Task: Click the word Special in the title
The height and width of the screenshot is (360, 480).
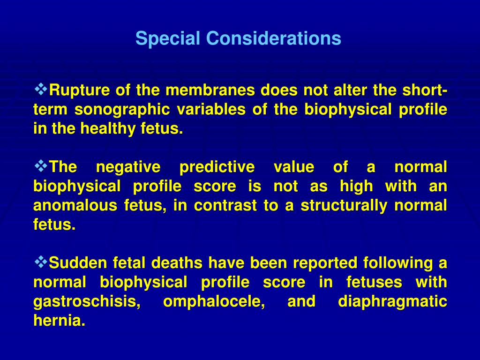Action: click(168, 38)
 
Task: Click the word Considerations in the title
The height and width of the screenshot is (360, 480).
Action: click(273, 38)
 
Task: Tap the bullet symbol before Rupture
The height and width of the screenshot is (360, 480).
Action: click(41, 88)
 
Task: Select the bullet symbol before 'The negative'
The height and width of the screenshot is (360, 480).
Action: click(41, 165)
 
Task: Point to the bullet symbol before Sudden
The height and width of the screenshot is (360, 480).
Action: click(41, 262)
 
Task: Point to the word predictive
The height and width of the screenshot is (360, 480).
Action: click(217, 167)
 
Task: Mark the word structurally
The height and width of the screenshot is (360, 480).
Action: click(347, 206)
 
